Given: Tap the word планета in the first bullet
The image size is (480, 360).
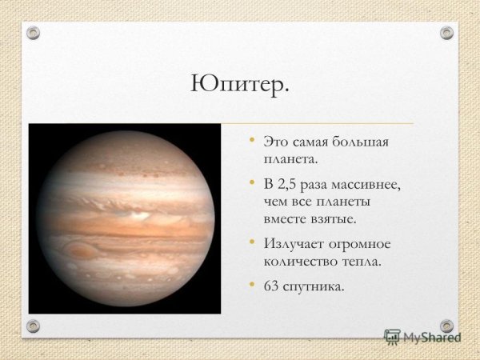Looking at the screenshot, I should [289, 159].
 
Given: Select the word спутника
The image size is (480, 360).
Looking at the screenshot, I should [315, 286].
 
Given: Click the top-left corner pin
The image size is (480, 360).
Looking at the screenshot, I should [33, 34].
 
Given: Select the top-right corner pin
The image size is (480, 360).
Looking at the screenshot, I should [446, 34].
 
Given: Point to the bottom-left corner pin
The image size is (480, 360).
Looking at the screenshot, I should [33, 326].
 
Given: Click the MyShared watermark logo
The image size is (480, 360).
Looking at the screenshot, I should [422, 337].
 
